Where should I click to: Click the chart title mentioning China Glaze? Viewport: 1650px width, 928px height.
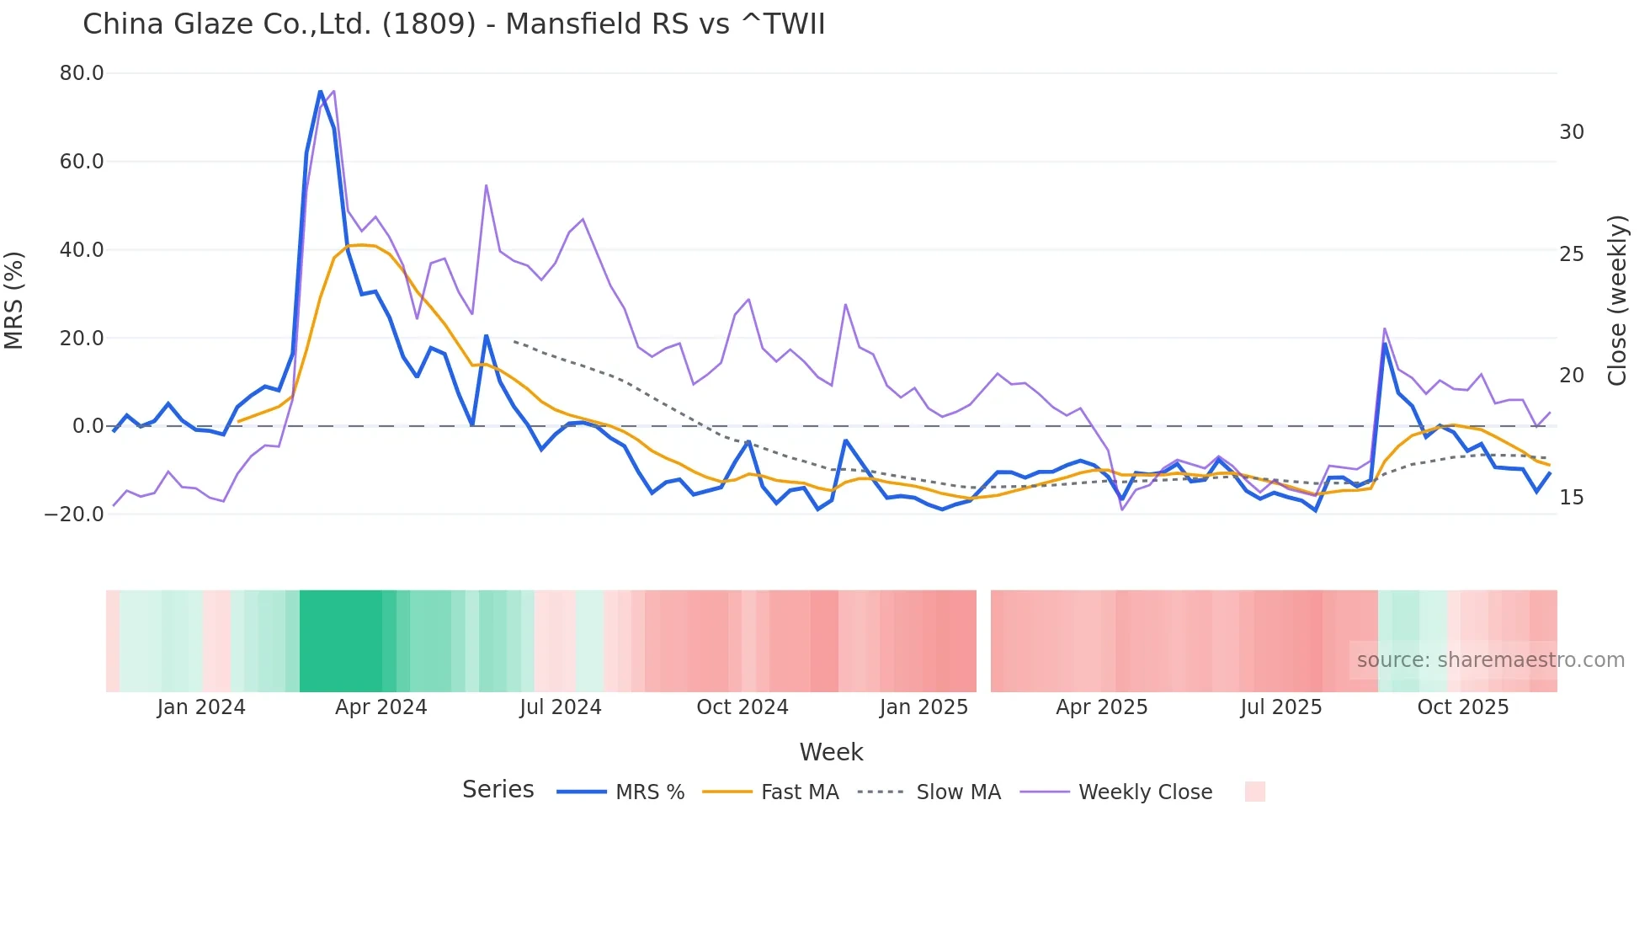click(x=454, y=24)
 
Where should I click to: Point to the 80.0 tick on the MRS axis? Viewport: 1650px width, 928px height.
click(x=82, y=73)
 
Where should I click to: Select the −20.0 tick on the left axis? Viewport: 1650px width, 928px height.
click(x=74, y=514)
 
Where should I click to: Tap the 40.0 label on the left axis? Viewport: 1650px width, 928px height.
click(x=82, y=249)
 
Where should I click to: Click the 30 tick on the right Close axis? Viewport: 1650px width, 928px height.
click(x=1571, y=132)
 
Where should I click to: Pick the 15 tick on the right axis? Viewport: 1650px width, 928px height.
click(x=1571, y=498)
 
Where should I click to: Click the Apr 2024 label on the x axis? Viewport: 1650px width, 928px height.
click(x=381, y=707)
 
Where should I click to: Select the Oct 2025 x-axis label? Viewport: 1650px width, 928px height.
click(x=1462, y=707)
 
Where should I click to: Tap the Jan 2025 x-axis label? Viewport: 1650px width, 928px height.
click(x=923, y=707)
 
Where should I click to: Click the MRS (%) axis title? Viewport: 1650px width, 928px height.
click(x=14, y=300)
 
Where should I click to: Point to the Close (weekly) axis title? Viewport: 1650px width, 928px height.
click(x=1616, y=301)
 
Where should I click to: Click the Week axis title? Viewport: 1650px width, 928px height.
click(x=831, y=752)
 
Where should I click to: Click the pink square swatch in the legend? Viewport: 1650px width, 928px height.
click(x=1254, y=792)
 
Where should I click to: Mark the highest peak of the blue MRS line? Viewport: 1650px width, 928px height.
click(x=320, y=91)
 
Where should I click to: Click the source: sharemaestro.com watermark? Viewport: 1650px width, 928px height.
click(x=1490, y=660)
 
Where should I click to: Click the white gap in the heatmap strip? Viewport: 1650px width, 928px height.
click(x=983, y=641)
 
